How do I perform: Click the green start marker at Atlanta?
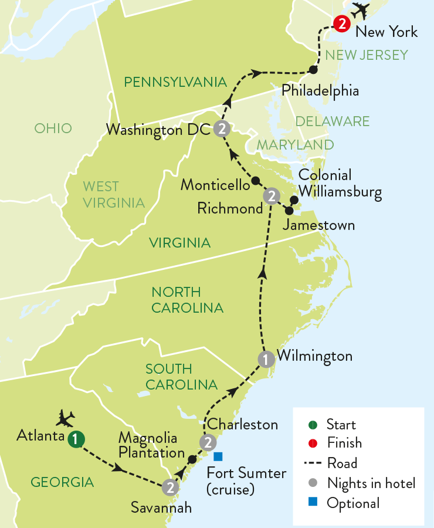(75, 438)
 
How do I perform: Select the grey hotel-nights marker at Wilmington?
(266, 359)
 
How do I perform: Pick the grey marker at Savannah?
(169, 487)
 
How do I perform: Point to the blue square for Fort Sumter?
(218, 456)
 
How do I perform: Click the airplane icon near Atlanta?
(65, 418)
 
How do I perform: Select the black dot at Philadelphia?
(313, 70)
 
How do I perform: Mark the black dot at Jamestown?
(289, 210)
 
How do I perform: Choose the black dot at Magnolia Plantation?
(192, 458)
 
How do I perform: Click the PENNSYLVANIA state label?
(175, 82)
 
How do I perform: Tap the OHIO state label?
(53, 128)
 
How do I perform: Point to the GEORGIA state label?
(62, 482)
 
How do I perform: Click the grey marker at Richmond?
(271, 196)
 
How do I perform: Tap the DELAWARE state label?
(333, 121)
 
